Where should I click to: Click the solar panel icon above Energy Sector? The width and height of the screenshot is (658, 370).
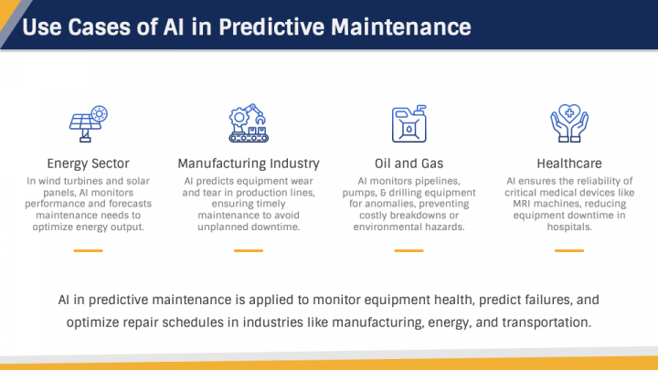pyautogui.click(x=89, y=123)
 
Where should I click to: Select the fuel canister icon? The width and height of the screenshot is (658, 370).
pyautogui.click(x=407, y=123)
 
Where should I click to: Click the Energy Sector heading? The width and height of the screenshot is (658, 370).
pyautogui.click(x=89, y=164)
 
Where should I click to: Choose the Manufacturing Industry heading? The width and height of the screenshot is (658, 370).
pyautogui.click(x=248, y=164)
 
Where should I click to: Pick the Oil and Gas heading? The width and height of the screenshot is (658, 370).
pyautogui.click(x=408, y=164)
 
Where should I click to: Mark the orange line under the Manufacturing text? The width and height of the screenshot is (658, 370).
pyautogui.click(x=248, y=249)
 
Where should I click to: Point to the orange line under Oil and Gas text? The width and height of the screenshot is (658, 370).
pyautogui.click(x=408, y=249)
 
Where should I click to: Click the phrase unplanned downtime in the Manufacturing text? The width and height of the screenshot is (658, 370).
pyautogui.click(x=248, y=227)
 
